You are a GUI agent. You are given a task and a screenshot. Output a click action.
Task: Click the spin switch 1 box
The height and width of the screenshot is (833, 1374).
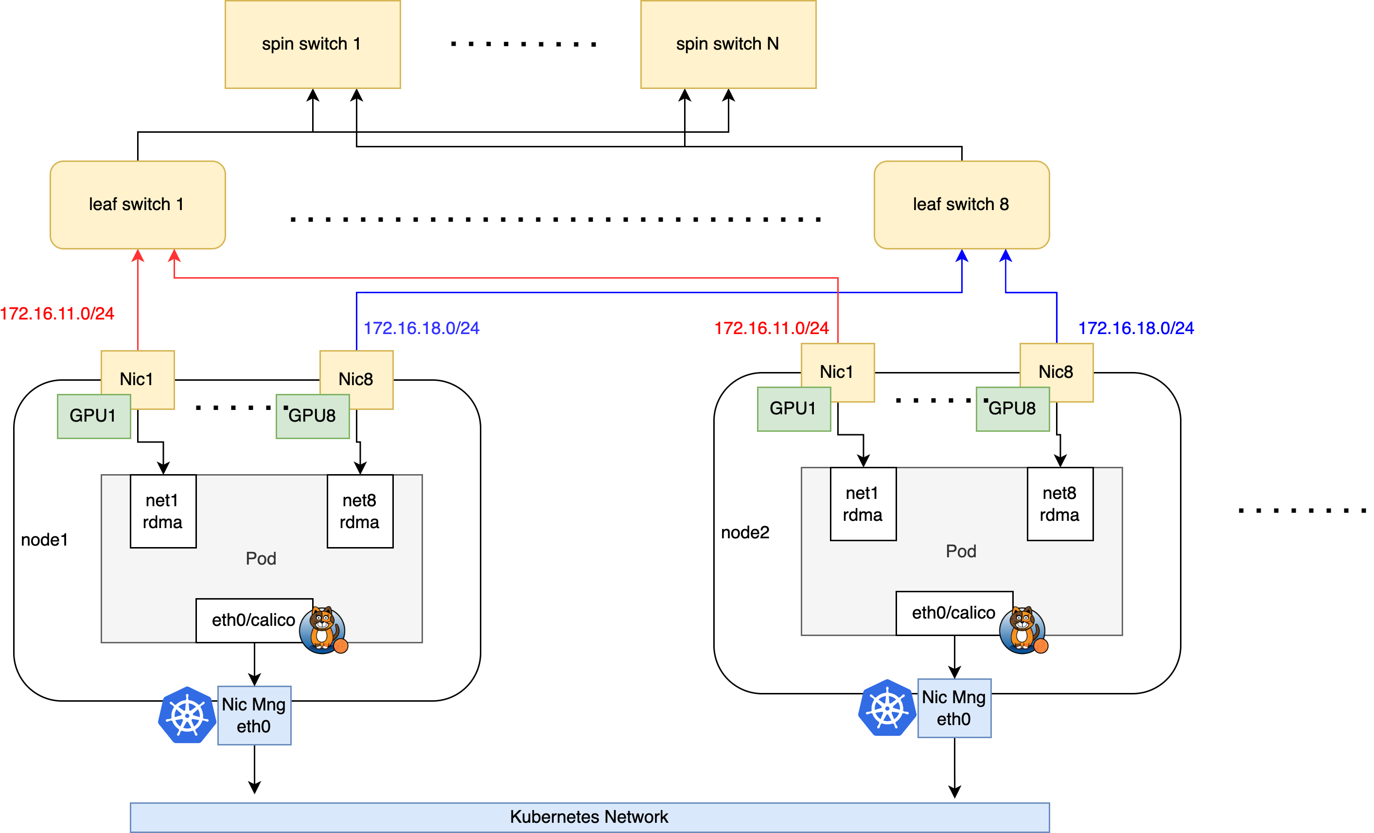tap(312, 44)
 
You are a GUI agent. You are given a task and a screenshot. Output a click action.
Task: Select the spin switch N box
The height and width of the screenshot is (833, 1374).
tap(728, 44)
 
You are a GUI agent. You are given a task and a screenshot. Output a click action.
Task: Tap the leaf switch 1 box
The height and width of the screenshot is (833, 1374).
tap(137, 205)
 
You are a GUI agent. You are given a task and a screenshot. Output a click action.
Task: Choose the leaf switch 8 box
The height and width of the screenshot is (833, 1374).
tap(961, 205)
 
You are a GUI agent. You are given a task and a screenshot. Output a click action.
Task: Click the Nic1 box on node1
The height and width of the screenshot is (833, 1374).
tap(137, 379)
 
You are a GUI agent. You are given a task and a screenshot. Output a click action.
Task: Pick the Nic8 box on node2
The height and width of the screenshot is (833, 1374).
tap(1056, 372)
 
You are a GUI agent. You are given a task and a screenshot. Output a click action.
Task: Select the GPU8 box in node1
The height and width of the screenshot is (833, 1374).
tap(312, 416)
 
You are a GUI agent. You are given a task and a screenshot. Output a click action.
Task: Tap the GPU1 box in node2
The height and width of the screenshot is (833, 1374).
tap(793, 408)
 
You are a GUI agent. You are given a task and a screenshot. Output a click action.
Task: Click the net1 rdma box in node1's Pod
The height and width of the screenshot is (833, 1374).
tap(163, 511)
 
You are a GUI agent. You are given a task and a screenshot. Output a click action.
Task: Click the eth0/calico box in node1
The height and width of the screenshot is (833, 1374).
tap(254, 620)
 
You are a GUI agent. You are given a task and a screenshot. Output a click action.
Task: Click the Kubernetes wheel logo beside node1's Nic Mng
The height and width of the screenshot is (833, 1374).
tap(187, 715)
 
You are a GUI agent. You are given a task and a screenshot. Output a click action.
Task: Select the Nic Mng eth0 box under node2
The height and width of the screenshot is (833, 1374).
tap(953, 708)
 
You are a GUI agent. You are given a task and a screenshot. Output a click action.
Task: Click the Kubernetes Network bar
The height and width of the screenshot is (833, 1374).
tap(589, 817)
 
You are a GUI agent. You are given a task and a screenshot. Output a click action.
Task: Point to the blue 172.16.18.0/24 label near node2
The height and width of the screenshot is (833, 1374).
tap(1135, 328)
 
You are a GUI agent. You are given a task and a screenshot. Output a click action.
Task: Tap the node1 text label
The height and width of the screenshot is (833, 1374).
tap(44, 540)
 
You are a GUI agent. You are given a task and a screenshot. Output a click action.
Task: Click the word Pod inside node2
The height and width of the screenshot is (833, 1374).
tap(961, 551)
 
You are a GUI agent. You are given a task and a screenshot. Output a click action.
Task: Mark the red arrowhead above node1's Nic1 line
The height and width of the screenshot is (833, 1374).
tap(138, 256)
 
